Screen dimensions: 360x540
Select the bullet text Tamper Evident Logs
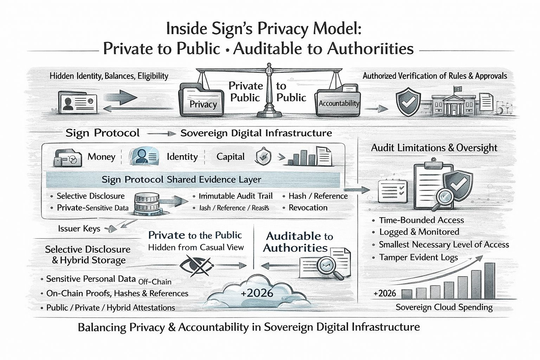click(x=418, y=257)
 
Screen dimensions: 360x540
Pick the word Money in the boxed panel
click(x=101, y=157)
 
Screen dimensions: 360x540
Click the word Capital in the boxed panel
click(x=230, y=157)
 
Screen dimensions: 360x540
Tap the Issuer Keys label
click(x=79, y=229)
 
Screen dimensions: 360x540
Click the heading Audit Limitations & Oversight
click(x=434, y=148)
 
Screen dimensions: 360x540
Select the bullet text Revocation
click(x=308, y=208)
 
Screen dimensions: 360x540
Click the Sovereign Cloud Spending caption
click(x=444, y=307)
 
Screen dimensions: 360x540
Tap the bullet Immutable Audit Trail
click(x=236, y=196)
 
